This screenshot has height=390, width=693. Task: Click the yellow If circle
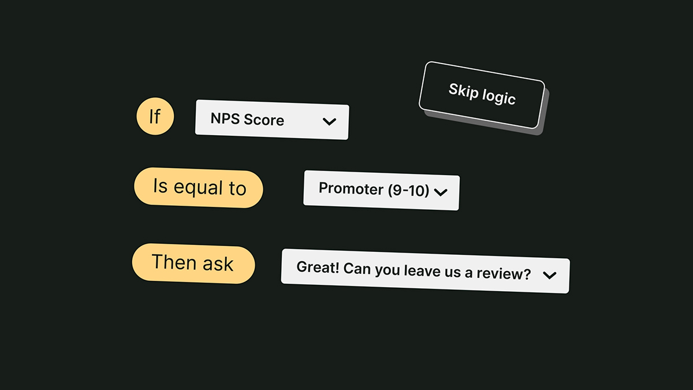(x=155, y=116)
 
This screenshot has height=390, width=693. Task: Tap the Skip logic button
(x=482, y=95)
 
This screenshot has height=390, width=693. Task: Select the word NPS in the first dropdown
(x=225, y=118)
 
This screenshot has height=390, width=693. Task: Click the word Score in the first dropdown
(x=264, y=120)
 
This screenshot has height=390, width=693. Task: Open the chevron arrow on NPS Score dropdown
(x=329, y=121)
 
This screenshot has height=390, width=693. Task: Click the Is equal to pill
(x=199, y=188)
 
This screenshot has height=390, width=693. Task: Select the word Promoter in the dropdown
(x=352, y=188)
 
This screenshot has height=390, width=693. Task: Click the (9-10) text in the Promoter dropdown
(x=408, y=190)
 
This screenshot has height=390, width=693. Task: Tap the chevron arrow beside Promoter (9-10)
(x=441, y=192)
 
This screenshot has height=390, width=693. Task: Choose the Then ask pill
(x=193, y=263)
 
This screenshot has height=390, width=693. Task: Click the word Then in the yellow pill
(x=174, y=262)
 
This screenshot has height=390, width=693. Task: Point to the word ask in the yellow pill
(x=218, y=264)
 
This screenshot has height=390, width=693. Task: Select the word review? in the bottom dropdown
(x=504, y=273)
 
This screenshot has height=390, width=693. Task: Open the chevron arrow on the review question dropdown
(x=549, y=275)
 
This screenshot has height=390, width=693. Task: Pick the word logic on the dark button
(x=499, y=97)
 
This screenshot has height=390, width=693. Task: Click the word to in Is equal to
(x=237, y=188)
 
